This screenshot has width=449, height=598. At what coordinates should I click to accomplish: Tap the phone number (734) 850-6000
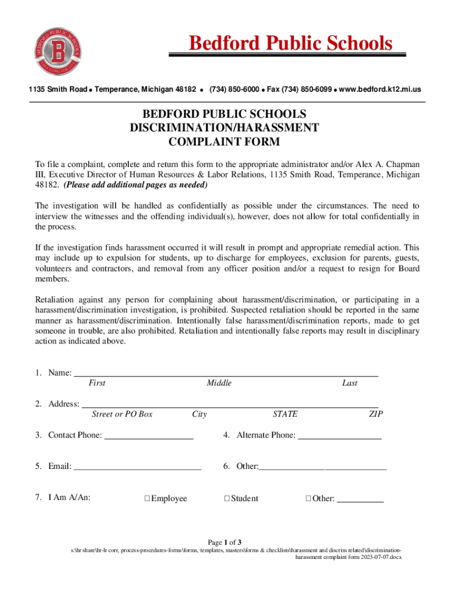tap(234, 89)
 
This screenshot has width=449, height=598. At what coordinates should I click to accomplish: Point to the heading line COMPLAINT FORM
tap(224, 141)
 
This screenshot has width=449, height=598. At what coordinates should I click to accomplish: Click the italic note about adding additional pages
tap(135, 185)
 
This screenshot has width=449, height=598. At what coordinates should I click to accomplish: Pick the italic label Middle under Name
tap(219, 383)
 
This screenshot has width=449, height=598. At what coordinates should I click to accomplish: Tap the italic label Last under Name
tap(350, 383)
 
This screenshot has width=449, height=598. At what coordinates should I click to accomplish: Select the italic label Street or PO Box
tap(122, 414)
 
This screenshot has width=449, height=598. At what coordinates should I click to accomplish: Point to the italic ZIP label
tap(376, 414)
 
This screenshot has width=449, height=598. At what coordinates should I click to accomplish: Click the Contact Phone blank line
tap(149, 436)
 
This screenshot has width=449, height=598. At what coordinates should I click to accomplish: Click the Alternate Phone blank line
tap(339, 436)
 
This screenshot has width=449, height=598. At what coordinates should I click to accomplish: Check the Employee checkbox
tap(147, 499)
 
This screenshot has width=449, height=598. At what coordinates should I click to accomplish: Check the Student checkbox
tap(227, 499)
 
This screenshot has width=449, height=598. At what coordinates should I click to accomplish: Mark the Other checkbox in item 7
tap(308, 499)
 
